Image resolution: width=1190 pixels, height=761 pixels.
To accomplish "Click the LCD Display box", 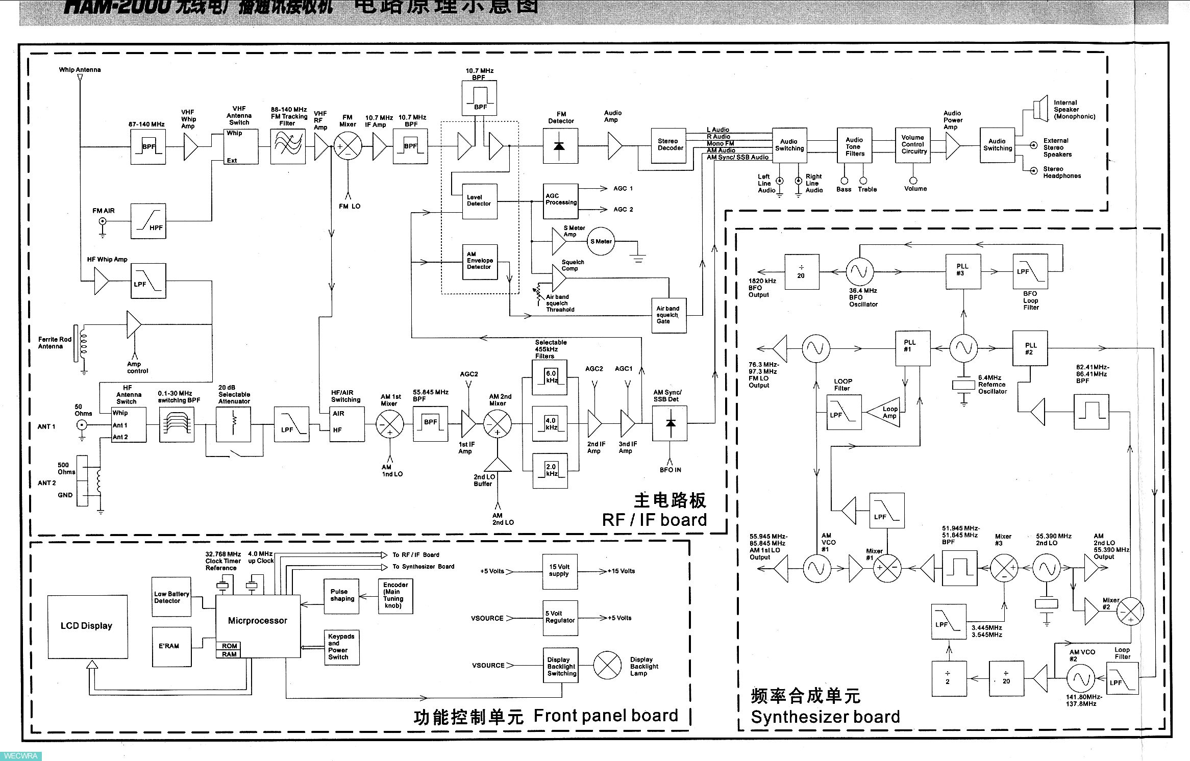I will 87,626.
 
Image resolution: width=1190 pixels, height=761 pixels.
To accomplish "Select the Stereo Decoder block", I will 668,145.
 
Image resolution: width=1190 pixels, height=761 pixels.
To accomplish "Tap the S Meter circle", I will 601,242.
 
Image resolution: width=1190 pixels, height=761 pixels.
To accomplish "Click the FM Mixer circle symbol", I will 348,147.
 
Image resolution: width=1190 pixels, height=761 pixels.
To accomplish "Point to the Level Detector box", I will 479,201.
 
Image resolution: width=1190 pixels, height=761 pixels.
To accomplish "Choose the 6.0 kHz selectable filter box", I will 549,378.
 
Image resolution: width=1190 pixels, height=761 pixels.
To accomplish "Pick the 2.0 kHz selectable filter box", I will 549,471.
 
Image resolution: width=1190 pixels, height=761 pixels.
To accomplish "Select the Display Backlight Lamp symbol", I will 607,666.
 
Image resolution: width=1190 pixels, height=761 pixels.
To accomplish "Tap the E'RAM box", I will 171,647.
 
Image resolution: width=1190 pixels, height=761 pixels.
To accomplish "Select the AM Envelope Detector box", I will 479,262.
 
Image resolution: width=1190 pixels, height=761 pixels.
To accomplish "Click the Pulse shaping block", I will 341,596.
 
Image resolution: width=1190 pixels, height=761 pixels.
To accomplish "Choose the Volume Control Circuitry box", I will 912,145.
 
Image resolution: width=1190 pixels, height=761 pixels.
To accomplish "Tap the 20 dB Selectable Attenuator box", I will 233,423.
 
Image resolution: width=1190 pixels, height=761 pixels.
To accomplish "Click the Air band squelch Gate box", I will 668,315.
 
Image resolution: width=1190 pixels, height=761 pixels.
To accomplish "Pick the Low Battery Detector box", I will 171,597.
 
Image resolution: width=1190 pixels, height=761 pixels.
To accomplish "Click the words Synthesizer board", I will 825,717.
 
